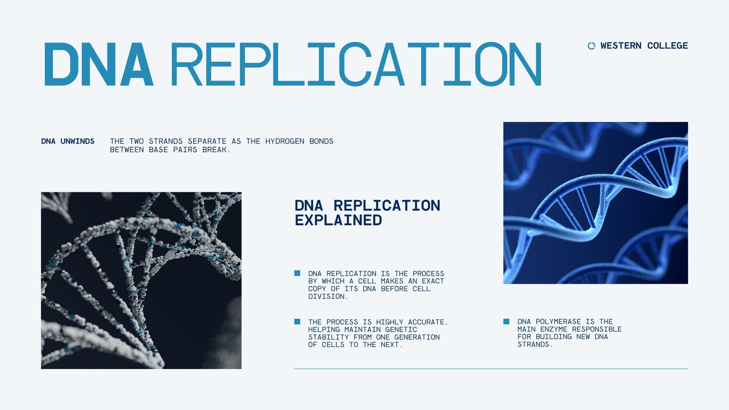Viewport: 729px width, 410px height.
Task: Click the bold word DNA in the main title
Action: [98, 64]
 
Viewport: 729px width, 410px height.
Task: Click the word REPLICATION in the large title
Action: [356, 64]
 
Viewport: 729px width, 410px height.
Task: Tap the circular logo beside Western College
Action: [591, 46]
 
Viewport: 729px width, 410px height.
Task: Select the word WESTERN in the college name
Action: [621, 46]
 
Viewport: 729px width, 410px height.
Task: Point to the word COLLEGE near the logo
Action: [667, 46]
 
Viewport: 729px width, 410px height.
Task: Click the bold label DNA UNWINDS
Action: [68, 141]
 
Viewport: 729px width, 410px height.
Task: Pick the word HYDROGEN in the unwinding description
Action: [285, 141]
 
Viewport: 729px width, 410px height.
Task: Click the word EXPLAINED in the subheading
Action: [338, 220]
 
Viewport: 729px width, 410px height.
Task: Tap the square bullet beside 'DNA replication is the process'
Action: [297, 273]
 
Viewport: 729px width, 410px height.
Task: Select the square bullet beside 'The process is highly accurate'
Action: [297, 322]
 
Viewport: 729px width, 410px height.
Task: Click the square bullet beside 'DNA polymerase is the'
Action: [506, 322]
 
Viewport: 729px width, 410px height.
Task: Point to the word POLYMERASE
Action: [558, 322]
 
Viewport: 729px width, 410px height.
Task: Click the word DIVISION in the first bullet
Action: [328, 297]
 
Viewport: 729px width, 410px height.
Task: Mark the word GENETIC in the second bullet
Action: [401, 330]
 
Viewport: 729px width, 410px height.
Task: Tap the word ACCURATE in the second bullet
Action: [428, 322]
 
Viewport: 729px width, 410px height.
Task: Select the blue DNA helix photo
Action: [596, 203]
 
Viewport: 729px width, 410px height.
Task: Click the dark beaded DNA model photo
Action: [141, 281]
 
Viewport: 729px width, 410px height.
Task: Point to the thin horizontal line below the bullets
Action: [491, 369]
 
